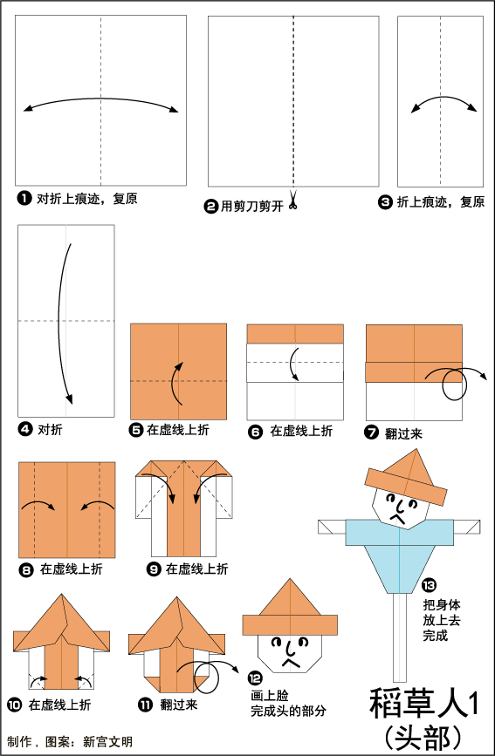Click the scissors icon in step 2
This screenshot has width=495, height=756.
292,200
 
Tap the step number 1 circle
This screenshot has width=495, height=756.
24,198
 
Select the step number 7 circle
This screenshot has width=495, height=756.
371,432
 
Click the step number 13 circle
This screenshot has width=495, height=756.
429,585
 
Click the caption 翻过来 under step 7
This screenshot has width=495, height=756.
403,433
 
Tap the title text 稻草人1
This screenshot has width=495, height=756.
425,704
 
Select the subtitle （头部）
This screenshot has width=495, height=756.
424,737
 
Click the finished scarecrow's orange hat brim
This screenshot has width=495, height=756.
406,487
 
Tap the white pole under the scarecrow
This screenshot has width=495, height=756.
400,637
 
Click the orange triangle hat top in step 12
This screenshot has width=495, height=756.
290,597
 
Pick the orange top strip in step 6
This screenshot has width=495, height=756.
295,334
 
